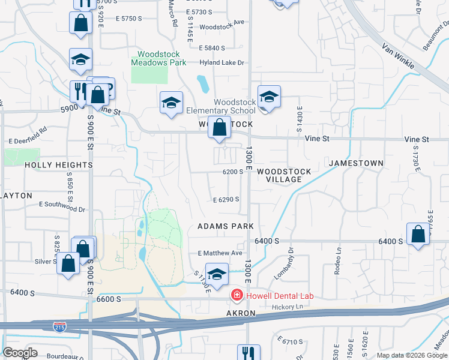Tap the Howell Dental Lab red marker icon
click(x=237, y=296)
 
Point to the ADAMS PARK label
click(x=226, y=226)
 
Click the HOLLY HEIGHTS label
click(x=59, y=164)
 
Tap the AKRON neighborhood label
click(x=241, y=313)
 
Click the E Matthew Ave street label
click(x=220, y=254)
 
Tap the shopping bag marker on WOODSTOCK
click(x=220, y=128)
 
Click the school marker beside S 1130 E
click(x=217, y=274)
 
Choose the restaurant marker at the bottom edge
click(x=248, y=353)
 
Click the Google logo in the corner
click(x=20, y=353)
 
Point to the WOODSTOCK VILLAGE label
click(x=284, y=175)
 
